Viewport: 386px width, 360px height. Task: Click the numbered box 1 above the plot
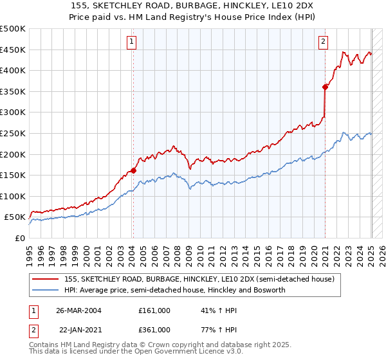point(131,42)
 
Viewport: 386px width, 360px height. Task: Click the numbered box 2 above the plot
point(323,42)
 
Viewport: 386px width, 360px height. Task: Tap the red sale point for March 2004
point(133,170)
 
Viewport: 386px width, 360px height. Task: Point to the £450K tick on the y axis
point(13,50)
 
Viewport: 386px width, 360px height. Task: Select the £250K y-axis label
point(13,133)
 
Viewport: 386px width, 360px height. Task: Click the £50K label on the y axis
point(15,217)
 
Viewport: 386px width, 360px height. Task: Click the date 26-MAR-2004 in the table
point(79,310)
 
